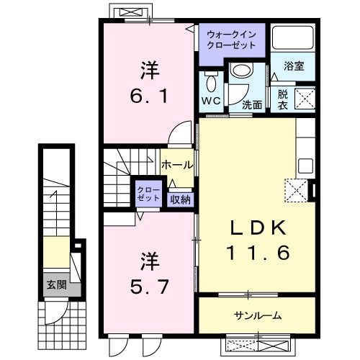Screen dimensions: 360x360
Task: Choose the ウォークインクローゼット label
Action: pos(231,39)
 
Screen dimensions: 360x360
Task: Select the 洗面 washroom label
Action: pos(251,104)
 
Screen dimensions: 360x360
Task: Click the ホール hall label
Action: pos(176,165)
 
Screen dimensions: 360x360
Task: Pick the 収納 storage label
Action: pos(181,199)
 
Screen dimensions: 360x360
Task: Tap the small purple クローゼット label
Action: pos(149,194)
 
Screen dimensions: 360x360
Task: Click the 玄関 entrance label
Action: pos(56,285)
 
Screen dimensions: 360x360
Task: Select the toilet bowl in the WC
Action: pos(211,79)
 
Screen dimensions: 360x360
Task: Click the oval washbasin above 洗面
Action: pos(240,71)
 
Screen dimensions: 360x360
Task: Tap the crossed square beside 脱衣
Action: pos(305,96)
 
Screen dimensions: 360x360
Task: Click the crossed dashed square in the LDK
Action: pos(295,191)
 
